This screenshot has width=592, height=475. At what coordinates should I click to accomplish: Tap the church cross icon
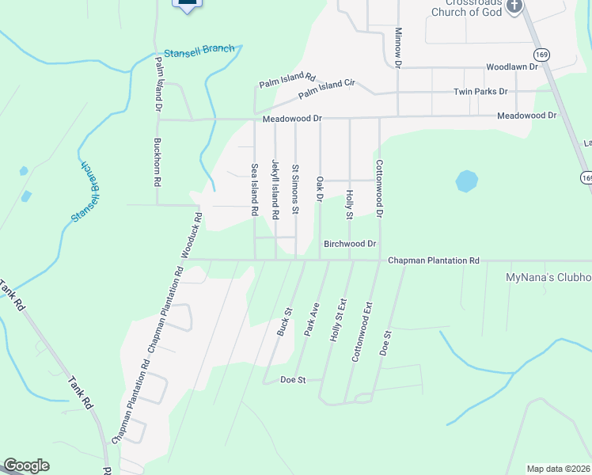coord(514,6)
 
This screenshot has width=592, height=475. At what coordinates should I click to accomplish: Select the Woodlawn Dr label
coord(511,67)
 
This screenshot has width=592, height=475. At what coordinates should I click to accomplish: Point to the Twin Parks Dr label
coord(480,92)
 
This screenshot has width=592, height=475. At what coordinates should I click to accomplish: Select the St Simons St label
coord(295,189)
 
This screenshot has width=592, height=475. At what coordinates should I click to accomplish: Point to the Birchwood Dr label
coord(349,244)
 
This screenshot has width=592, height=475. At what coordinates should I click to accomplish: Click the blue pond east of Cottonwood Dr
coord(466,183)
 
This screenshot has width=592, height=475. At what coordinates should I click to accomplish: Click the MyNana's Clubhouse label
coord(548,278)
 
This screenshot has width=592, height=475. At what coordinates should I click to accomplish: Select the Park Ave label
coord(312,319)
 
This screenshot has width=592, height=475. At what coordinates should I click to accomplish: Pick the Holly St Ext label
coord(338,319)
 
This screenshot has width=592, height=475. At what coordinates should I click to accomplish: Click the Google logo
coord(26,465)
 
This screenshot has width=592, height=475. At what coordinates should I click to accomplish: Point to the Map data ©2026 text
coord(558,469)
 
